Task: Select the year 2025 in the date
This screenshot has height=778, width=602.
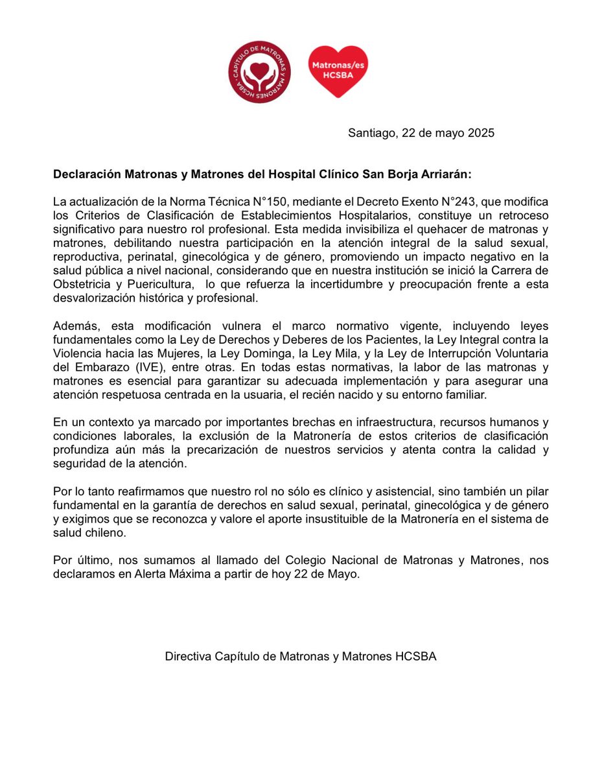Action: (480, 133)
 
